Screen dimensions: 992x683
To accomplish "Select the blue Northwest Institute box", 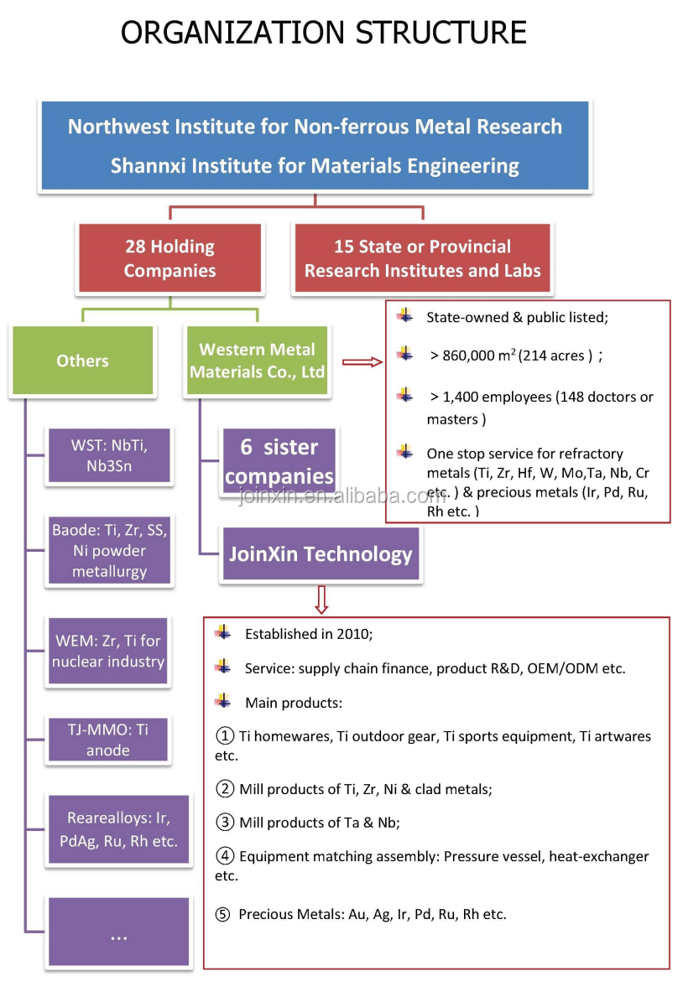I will click(315, 146).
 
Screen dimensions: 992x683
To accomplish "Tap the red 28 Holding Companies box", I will click(169, 258).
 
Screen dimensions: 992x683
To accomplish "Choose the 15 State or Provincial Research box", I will click(422, 258).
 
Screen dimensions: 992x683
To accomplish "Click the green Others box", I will click(82, 361).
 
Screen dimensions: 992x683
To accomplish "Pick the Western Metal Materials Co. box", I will click(257, 361).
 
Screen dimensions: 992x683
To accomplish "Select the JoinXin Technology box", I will click(321, 554).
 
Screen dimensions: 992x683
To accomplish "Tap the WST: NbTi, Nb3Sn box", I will click(110, 455).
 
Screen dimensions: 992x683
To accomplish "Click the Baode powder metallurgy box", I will click(110, 550).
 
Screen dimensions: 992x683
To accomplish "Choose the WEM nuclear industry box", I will click(108, 651).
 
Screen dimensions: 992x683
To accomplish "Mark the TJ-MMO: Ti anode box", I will click(108, 740).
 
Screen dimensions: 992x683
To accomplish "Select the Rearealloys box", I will click(110, 829).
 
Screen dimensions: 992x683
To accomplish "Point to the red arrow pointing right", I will click(362, 362).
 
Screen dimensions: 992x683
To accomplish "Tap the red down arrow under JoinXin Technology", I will click(321, 599).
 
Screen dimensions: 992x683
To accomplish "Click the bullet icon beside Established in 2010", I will click(222, 632).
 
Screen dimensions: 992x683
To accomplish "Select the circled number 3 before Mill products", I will click(224, 823).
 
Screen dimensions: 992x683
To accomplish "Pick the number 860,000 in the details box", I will click(468, 356).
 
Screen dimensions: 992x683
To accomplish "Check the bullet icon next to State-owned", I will click(405, 316).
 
